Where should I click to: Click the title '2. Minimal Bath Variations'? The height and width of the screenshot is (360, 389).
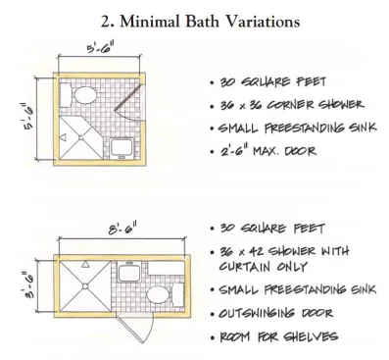[x=200, y=22]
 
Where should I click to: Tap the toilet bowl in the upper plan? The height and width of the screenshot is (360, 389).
[x=85, y=95]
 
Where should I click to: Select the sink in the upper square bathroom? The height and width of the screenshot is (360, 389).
[x=122, y=148]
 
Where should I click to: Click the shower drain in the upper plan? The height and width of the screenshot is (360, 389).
[x=81, y=138]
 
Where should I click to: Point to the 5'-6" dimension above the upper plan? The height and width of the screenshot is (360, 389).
[x=97, y=48]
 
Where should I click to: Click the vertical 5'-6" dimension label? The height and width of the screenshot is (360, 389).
[x=29, y=117]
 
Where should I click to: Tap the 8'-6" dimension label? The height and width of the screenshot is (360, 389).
[x=122, y=229]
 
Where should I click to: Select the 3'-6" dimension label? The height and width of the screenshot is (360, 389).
[x=29, y=285]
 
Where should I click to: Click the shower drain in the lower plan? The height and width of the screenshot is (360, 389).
[x=85, y=286]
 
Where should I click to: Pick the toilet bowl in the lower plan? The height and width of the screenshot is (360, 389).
[x=158, y=294]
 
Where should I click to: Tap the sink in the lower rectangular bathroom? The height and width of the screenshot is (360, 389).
[x=129, y=272]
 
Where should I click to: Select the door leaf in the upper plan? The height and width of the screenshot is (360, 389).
[x=128, y=97]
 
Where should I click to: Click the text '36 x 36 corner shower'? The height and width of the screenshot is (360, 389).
[x=291, y=105]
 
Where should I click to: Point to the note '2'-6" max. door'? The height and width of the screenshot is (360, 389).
[x=267, y=151]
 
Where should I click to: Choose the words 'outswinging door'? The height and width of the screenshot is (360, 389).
[x=275, y=313]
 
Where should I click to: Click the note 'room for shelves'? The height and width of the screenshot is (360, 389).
[x=278, y=336]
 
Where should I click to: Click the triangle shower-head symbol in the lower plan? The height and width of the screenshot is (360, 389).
[x=85, y=264]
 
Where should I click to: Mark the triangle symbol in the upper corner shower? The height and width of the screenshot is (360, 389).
[x=63, y=137]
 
